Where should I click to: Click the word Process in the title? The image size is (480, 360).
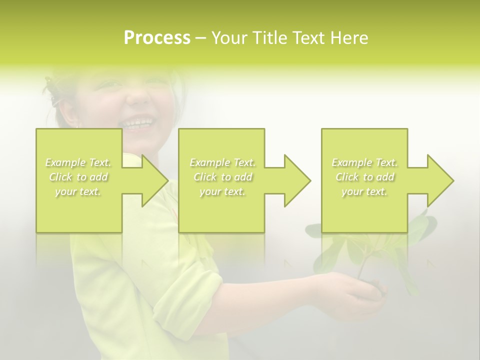(x=157, y=38)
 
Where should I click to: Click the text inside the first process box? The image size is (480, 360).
(x=78, y=177)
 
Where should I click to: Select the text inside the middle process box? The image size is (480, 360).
(x=222, y=177)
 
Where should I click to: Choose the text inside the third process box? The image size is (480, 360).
(x=364, y=177)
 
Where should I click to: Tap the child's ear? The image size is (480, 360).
(x=70, y=115)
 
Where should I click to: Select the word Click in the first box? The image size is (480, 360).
(x=60, y=177)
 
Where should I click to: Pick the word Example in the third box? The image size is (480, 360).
(x=351, y=162)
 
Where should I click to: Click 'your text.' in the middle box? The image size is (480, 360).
(x=222, y=191)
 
